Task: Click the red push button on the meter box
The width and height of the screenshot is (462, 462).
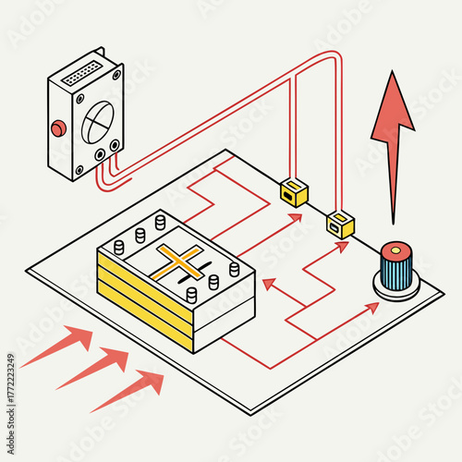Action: (58, 128)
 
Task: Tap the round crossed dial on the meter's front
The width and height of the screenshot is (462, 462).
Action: (98, 120)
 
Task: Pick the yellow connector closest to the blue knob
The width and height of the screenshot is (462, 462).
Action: (340, 223)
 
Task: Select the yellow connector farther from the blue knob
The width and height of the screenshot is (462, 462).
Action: (293, 191)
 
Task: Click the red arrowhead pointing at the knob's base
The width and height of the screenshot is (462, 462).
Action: (371, 308)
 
